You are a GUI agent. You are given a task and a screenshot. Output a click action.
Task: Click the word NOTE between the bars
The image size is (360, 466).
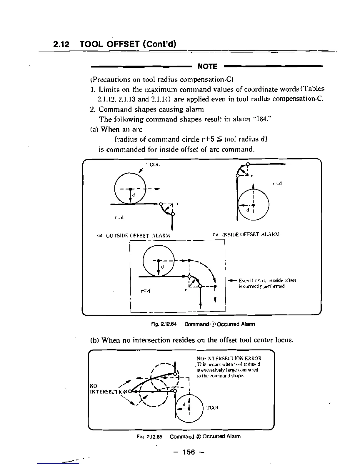[208, 66]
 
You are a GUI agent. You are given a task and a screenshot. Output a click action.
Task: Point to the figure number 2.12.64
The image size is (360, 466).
[168, 324]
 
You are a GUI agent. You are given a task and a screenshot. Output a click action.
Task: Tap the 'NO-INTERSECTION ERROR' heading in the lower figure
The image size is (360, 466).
[229, 358]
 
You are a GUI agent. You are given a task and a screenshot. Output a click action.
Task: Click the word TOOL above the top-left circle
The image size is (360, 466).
[153, 165]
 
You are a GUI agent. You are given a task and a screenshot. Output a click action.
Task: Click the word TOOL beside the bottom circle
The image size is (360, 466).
[213, 408]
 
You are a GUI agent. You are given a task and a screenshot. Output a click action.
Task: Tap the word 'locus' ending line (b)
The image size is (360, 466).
[283, 340]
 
